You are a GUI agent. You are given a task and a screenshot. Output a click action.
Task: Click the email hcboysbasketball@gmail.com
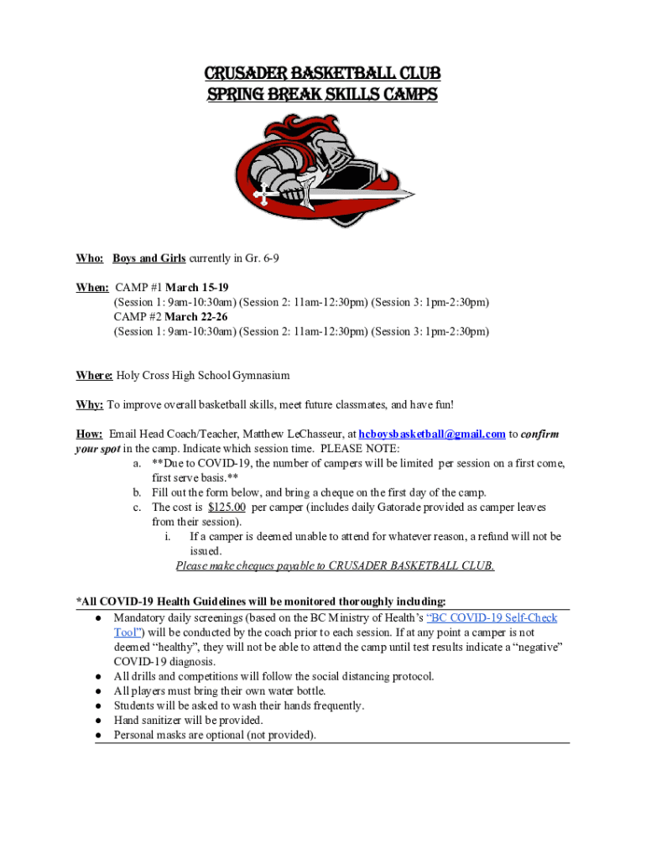click(x=431, y=434)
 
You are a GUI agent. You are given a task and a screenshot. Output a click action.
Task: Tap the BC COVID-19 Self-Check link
click(x=492, y=618)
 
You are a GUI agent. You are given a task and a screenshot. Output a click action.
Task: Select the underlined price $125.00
click(x=227, y=508)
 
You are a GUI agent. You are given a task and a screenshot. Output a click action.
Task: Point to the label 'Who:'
click(x=90, y=258)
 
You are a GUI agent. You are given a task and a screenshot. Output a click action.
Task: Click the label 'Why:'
click(x=90, y=404)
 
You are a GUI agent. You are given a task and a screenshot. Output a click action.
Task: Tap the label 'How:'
click(x=90, y=434)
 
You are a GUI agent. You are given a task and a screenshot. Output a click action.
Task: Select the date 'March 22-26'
click(x=196, y=317)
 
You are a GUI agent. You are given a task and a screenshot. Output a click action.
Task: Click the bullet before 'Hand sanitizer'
click(x=99, y=721)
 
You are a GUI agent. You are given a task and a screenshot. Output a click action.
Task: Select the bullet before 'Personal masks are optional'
click(x=99, y=736)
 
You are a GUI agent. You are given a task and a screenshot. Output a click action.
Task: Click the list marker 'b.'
click(x=137, y=492)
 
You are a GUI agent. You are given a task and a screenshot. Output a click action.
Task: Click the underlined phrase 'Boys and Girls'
click(x=149, y=258)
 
